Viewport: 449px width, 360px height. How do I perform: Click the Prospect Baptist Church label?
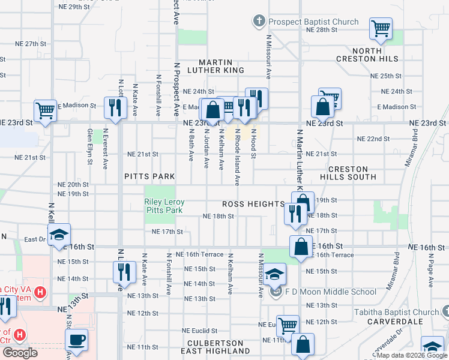click(x=313, y=22)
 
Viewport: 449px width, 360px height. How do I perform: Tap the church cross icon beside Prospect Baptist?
click(x=259, y=22)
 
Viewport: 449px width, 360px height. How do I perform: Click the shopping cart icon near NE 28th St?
click(x=381, y=28)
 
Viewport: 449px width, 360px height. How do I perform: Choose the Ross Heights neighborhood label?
click(x=252, y=204)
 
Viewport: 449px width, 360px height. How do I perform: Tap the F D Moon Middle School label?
click(x=331, y=292)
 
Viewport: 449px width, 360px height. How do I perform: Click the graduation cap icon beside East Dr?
click(x=59, y=235)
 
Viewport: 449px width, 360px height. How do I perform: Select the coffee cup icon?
click(x=76, y=340)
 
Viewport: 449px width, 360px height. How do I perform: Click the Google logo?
click(x=20, y=353)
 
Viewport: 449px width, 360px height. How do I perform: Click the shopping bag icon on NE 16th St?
click(x=301, y=246)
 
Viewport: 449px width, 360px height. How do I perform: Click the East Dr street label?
click(x=35, y=239)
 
